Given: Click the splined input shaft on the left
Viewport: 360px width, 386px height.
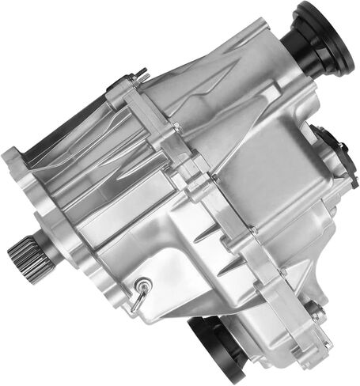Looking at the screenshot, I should coord(21,255).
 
